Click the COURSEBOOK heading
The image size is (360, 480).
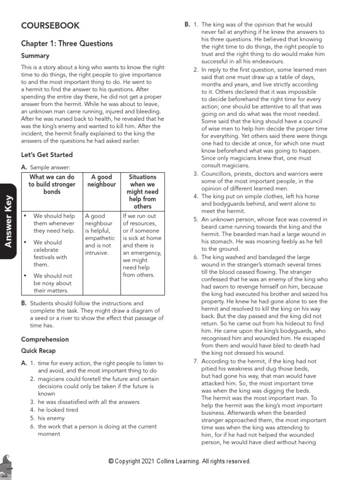[50, 26]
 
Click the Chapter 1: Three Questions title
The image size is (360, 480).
[67, 44]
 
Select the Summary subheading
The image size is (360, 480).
[35, 56]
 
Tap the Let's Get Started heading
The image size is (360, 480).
[47, 155]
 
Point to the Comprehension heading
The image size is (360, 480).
[45, 339]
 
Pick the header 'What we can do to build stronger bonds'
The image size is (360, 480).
[52, 185]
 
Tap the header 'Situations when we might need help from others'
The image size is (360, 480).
[142, 192]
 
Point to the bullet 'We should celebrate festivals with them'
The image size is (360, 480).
[50, 253]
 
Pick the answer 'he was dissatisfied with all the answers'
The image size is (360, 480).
[89, 402]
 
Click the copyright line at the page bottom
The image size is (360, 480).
[180, 461]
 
